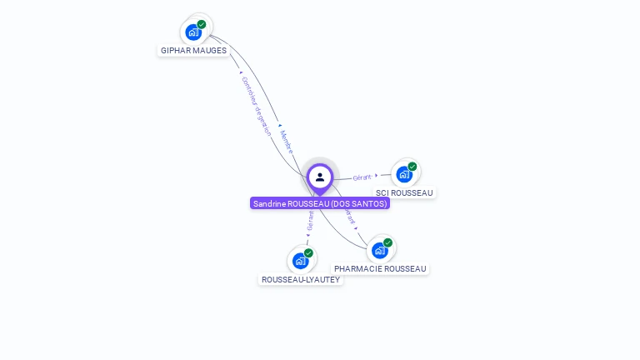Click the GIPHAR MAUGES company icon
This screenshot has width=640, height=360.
point(194,32)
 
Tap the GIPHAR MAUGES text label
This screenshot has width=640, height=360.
point(193,51)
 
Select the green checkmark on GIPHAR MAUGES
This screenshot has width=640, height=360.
point(202,25)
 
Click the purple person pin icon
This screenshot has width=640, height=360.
point(320,177)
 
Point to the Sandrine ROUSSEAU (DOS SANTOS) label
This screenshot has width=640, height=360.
point(320,203)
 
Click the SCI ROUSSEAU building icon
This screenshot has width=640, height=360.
point(404,174)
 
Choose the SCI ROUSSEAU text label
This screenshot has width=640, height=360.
point(404,193)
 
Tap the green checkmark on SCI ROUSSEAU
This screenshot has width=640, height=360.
point(412,167)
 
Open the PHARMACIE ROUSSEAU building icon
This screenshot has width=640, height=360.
point(380,250)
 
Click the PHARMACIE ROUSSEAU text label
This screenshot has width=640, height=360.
point(380,269)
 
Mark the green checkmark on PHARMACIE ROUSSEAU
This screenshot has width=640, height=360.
point(387,242)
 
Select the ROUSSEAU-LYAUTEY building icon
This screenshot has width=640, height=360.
point(301,261)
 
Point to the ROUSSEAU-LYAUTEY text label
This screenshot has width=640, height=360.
point(301,280)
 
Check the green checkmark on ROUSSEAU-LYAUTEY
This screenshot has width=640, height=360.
point(308,253)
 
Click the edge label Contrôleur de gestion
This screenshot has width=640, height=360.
point(256,106)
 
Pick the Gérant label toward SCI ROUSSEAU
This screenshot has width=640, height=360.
point(362,177)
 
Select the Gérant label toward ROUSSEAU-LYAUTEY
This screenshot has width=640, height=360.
point(310,221)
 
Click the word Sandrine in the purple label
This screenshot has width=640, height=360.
point(270,203)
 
